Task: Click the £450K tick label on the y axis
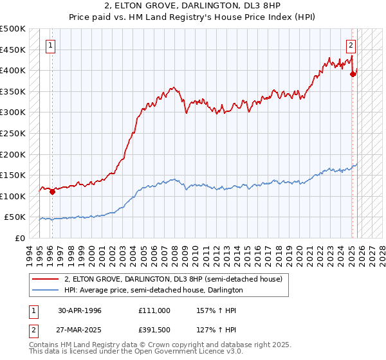coord(13,50)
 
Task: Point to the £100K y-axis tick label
coord(13,196)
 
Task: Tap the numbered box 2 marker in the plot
coord(351,45)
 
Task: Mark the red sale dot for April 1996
coord(52,192)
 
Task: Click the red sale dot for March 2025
coord(353,74)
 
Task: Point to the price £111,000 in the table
coord(154,310)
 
